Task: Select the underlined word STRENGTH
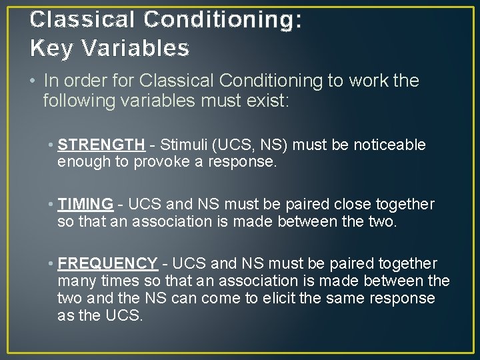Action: pyautogui.click(x=101, y=145)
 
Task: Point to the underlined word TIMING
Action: pyautogui.click(x=85, y=204)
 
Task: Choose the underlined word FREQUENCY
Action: pyautogui.click(x=107, y=263)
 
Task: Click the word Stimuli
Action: pyautogui.click(x=182, y=145)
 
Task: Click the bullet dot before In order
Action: pyautogui.click(x=33, y=81)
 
